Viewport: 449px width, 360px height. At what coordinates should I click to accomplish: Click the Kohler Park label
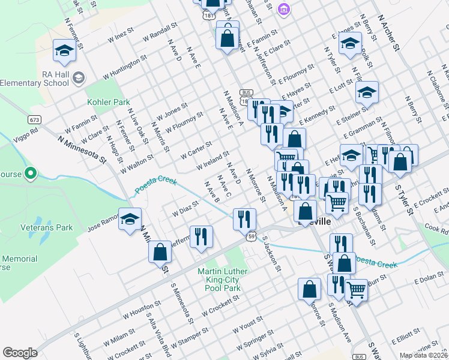(109, 102)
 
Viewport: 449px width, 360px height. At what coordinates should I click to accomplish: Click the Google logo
(20, 352)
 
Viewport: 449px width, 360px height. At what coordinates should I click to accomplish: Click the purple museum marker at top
(285, 9)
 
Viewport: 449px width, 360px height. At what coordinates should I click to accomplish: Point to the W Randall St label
(160, 32)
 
